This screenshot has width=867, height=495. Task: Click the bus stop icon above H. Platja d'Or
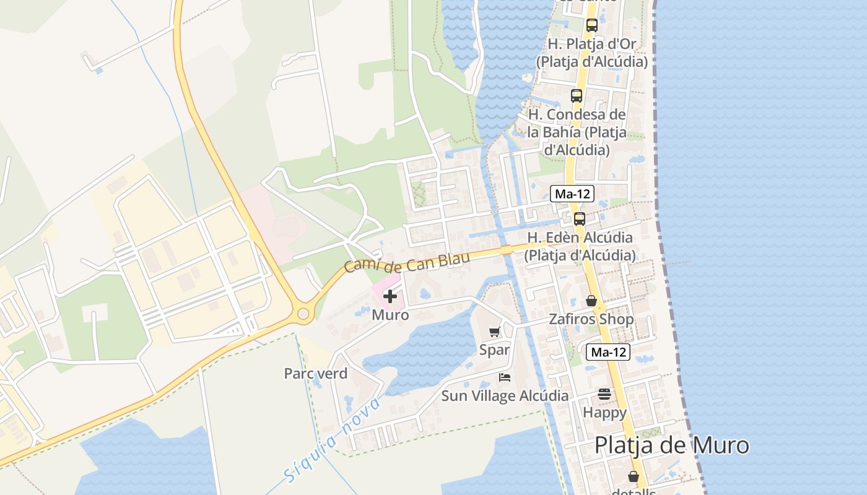coord(591,25)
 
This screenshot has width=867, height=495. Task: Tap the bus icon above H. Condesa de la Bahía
coord(577,96)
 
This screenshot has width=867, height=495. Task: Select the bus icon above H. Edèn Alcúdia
coord(580,218)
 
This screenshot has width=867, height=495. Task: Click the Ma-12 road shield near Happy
coord(609,353)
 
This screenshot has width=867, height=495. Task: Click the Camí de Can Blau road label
coord(406,262)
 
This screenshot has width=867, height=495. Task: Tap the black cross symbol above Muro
coord(390,297)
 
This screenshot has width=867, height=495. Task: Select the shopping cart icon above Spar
coord(494,332)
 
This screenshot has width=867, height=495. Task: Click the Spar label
coord(494,350)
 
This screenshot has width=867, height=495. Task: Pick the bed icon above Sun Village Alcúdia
coord(505,377)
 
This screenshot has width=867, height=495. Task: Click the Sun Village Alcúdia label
coord(505,395)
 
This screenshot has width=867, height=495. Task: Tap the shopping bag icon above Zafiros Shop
coord(591,301)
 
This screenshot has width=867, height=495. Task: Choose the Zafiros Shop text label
coord(591,319)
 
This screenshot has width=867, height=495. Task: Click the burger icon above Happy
coord(604,394)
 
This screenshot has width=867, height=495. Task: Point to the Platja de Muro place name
coord(671,445)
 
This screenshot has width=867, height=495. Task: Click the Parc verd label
coord(315,374)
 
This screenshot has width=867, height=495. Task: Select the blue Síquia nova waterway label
coord(331,440)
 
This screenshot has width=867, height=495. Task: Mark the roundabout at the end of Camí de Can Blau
coord(303,314)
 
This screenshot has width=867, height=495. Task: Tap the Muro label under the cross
coord(390,315)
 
